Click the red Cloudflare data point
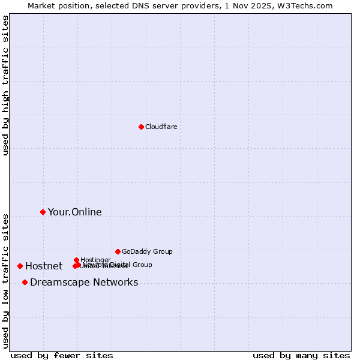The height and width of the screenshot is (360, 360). pos(141,127)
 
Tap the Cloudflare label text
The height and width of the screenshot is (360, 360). pos(161,127)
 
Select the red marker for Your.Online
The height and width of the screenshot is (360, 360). pos(43,212)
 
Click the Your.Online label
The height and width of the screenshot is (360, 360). pos(74,212)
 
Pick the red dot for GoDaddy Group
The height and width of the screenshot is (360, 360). pos(118,251)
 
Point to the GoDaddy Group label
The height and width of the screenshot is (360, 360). pos(147,251)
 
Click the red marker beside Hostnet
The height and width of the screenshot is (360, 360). pos(20,266)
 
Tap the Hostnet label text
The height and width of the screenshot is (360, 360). pos(43,266)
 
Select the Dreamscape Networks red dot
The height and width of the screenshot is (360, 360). pos(25,282)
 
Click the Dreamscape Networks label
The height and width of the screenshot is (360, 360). pos(84,282)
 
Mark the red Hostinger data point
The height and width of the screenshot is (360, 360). pos(76,260)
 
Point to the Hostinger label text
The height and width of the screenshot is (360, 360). pos(95,259)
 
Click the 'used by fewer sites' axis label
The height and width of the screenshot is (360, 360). pos(62,355)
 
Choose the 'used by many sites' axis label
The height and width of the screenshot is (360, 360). pos(301,355)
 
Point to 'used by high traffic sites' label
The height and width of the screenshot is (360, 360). pos(5,85)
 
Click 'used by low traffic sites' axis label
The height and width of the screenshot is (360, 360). pos(5,281)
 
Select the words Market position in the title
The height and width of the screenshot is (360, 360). pos(56,5)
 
